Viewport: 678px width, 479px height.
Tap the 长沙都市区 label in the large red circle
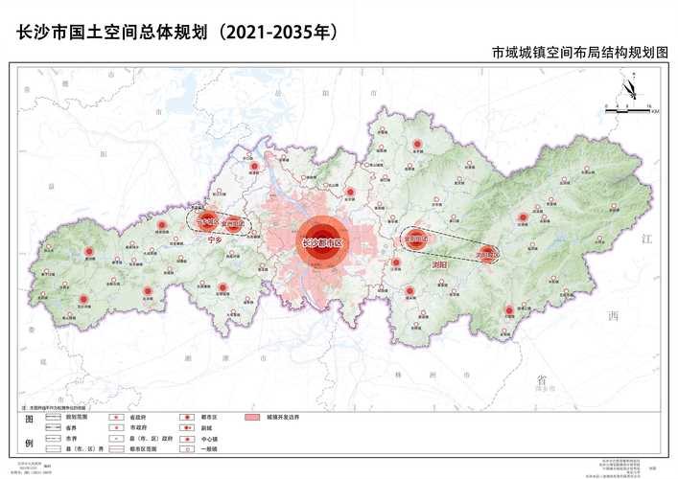321,243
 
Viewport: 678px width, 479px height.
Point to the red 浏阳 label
440,262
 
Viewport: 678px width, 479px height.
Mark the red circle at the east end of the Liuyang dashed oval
487,253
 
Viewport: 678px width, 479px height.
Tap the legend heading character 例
28,443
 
